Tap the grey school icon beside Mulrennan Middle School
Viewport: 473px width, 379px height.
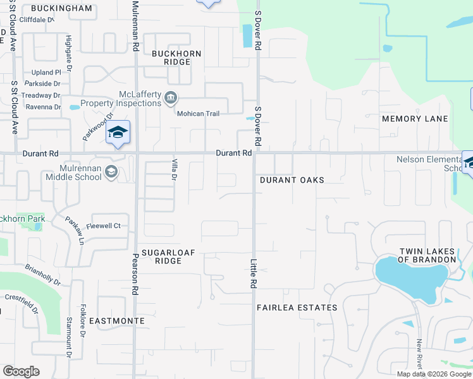pyautogui.click(x=111, y=172)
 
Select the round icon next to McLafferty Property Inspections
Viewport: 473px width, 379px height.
pyautogui.click(x=171, y=98)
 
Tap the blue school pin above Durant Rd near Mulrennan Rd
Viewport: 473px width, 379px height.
pyautogui.click(x=118, y=133)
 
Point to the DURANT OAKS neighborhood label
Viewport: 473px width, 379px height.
pyautogui.click(x=292, y=180)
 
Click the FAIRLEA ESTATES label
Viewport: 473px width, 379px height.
pyautogui.click(x=297, y=308)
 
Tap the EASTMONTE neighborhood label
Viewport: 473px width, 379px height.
pyautogui.click(x=116, y=321)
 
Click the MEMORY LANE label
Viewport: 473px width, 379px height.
pyautogui.click(x=415, y=119)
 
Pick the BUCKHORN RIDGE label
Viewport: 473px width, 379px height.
pyautogui.click(x=176, y=57)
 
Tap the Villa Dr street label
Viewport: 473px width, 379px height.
pyautogui.click(x=173, y=169)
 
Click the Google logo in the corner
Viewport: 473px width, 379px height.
pyautogui.click(x=21, y=371)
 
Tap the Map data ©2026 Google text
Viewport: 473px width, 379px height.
pyautogui.click(x=433, y=374)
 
